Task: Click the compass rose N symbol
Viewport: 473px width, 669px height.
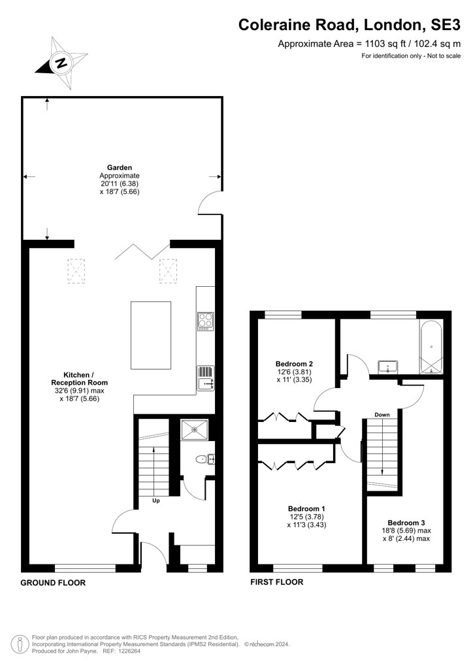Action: (61, 63)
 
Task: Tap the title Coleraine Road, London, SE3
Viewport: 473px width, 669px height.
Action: (350, 25)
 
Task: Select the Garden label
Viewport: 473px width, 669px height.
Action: (120, 168)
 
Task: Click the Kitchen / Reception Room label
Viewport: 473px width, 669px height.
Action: (79, 378)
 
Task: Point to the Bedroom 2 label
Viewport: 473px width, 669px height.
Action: (294, 364)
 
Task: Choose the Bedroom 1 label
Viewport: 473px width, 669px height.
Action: (306, 508)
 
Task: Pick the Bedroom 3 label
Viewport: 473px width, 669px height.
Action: (406, 523)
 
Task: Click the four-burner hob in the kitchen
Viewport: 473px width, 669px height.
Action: (205, 321)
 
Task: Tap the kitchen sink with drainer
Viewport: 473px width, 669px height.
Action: (206, 378)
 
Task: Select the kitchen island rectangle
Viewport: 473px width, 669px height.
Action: (151, 335)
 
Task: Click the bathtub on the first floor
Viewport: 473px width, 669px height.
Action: (432, 348)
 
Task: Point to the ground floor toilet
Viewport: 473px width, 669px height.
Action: (201, 459)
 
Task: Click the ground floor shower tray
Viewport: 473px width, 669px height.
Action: (195, 430)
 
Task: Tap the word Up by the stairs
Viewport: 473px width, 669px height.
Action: (156, 500)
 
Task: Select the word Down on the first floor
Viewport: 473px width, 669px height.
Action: (382, 415)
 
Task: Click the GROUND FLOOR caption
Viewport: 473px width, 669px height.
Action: (53, 583)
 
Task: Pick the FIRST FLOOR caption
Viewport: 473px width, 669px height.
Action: (277, 582)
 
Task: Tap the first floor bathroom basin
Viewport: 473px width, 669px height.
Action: (388, 367)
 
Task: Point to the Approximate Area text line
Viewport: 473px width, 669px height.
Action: (369, 44)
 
